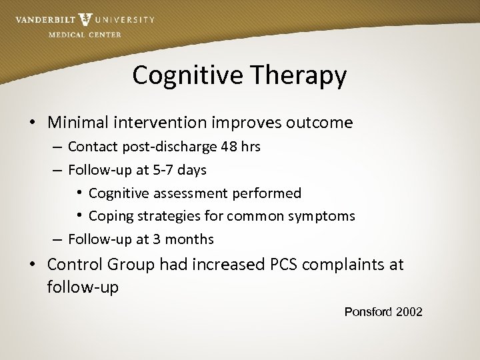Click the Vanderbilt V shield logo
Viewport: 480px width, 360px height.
[x=85, y=20]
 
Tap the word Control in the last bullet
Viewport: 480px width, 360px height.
[x=74, y=264]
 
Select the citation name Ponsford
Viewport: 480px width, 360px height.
[x=368, y=311]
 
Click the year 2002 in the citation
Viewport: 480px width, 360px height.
[x=409, y=311]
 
